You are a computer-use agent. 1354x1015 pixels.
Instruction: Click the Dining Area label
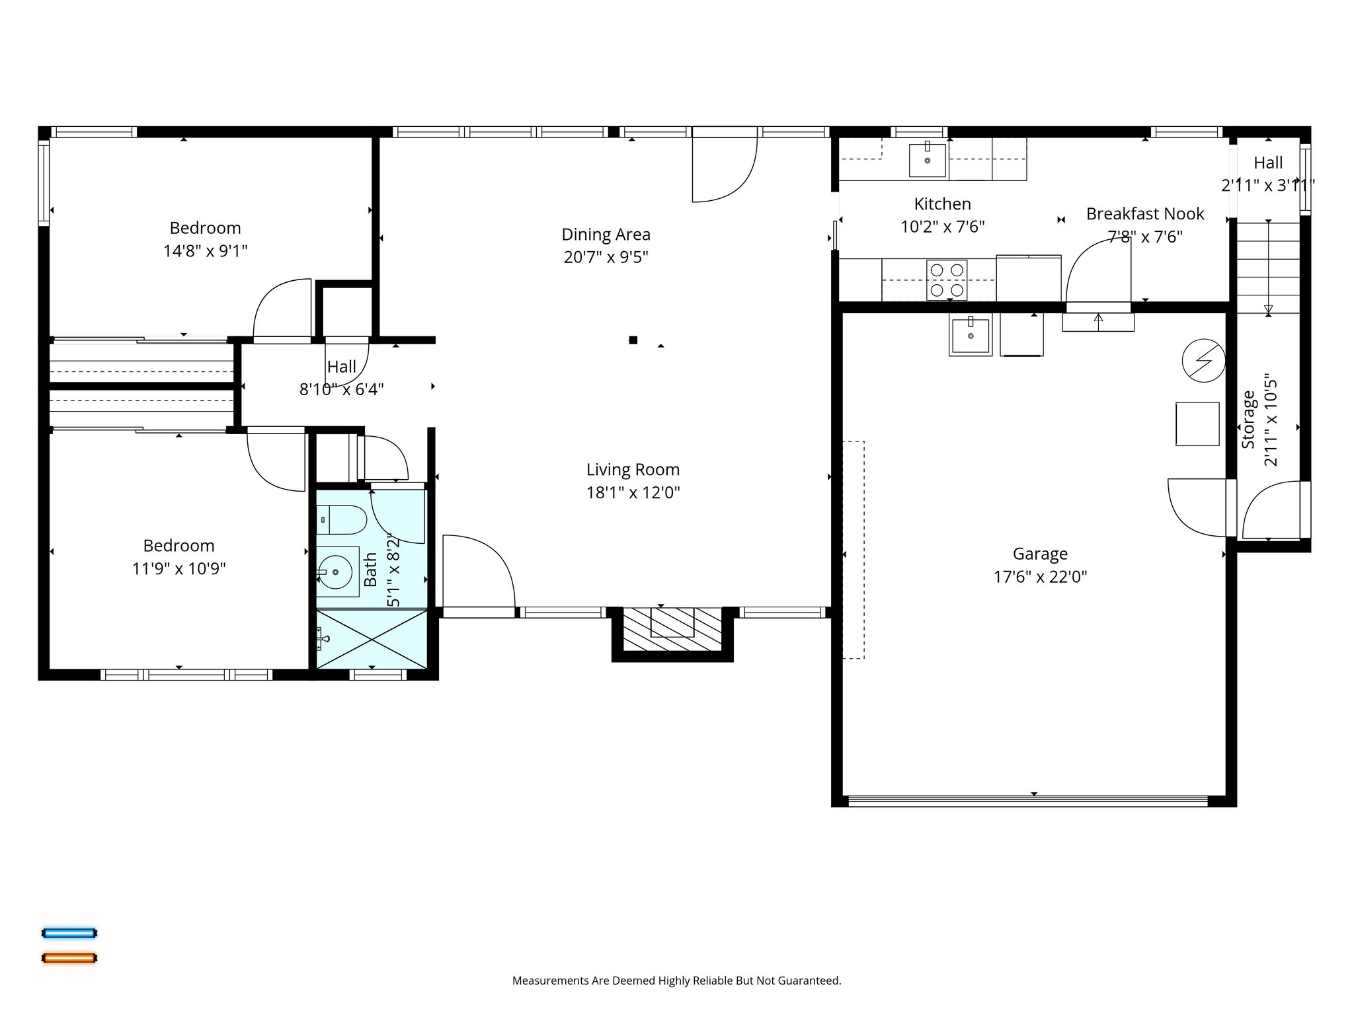tap(606, 235)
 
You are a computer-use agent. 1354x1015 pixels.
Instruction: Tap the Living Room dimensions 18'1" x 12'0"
tap(633, 492)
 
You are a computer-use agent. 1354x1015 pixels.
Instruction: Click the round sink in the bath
tap(336, 571)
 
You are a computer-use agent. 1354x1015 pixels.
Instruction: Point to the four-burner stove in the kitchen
tap(946, 280)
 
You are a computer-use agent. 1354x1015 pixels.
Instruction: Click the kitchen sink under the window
tap(927, 160)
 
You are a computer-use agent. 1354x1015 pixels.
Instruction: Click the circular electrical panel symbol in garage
tap(1203, 361)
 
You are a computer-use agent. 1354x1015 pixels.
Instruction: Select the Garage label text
tap(1040, 554)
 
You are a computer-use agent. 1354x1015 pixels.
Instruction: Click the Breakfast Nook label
tap(1145, 214)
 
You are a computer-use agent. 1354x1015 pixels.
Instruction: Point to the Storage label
tap(1248, 420)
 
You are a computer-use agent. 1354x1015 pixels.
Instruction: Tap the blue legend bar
tap(69, 933)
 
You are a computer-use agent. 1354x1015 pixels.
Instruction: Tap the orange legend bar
tap(69, 958)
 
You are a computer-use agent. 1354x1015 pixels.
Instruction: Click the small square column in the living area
tap(633, 340)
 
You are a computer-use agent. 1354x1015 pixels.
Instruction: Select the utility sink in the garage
tap(970, 336)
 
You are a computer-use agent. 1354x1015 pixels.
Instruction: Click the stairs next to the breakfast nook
tap(1267, 268)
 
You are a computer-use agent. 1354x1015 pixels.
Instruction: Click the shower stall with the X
tap(372, 639)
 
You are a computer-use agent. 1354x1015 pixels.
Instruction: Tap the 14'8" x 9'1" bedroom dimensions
tap(206, 251)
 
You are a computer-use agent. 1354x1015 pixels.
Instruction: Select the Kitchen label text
tap(942, 204)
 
